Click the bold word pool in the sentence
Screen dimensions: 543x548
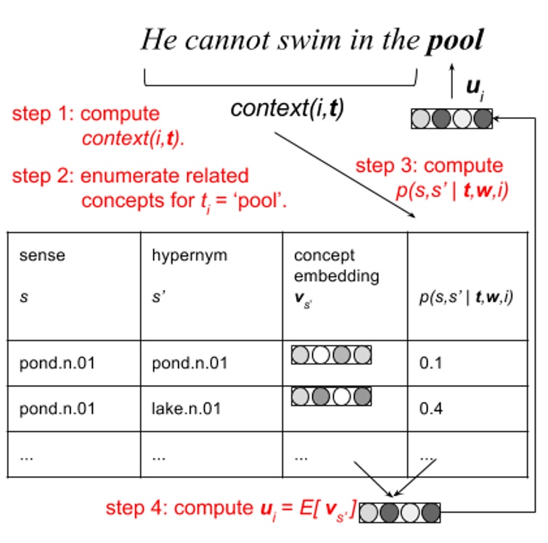[454, 41]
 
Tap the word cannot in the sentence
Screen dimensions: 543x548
[226, 41]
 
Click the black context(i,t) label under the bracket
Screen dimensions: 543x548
[287, 108]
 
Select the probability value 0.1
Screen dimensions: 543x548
[430, 362]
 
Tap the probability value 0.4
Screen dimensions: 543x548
[430, 408]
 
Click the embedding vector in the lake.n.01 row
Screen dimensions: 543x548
[331, 396]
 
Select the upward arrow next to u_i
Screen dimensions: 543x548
[453, 76]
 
